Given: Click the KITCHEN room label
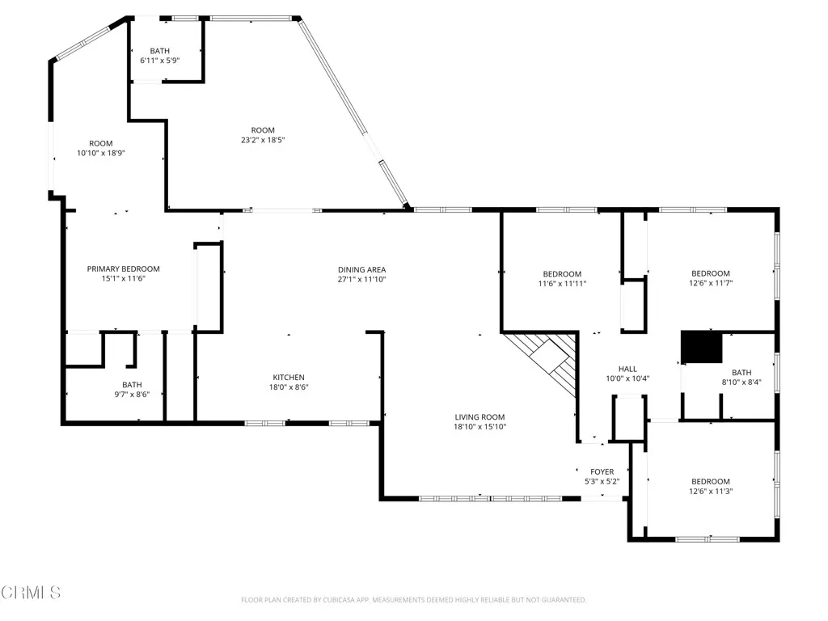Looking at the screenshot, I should coord(289,378).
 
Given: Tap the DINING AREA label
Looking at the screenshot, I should coord(361,269).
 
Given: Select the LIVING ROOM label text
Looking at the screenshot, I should coord(479,417).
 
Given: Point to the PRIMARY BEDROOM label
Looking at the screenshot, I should coord(124,269).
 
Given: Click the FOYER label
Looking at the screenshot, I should coord(602,472).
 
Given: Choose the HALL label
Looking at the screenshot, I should coord(628,369).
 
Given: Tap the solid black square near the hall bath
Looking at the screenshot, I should coord(701,348).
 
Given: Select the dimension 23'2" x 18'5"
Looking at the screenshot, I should coord(263,140).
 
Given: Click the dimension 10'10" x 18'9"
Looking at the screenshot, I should coord(101,153).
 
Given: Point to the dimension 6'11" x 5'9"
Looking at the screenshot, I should coord(160,61).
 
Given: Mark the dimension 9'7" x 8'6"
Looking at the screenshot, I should coord(132,395).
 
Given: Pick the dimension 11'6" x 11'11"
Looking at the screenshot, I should coord(561,284).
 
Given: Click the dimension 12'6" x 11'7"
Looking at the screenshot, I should coord(711,283).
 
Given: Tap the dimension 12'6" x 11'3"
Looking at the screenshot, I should coord(711,491).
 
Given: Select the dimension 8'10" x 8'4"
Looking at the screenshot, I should coord(741,382).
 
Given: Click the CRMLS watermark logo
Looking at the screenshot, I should coord(31,593).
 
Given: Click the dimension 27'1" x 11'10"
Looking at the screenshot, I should coord(361,280).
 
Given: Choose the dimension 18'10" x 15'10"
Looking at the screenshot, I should coord(479,427).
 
